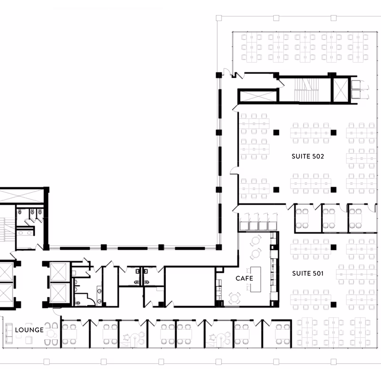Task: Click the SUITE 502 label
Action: click(308, 156)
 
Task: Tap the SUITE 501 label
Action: click(308, 273)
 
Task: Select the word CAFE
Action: click(244, 278)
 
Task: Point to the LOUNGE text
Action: click(30, 330)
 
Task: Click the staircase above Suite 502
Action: click(306, 90)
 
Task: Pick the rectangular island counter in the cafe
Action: click(256, 279)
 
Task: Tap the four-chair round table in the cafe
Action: click(234, 299)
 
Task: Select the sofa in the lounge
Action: click(9, 333)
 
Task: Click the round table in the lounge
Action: click(51, 334)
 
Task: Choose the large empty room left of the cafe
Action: click(190, 287)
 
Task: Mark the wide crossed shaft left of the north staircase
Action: click(258, 96)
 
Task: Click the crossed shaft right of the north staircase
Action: click(341, 90)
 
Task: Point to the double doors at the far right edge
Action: click(360, 90)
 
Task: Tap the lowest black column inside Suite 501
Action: click(333, 304)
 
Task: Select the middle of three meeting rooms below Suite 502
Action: click(334, 218)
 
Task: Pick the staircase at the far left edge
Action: click(7, 230)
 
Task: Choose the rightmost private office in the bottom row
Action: click(277, 334)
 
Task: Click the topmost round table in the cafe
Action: click(256, 241)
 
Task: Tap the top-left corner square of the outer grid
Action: click(219, 18)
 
